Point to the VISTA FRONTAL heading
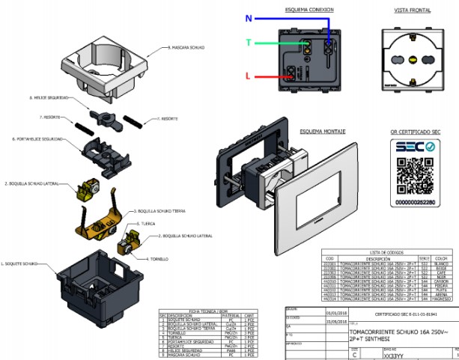[411, 10]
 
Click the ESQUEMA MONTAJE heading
[322, 131]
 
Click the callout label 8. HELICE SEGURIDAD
[49, 97]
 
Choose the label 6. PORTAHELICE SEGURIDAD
[37, 139]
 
